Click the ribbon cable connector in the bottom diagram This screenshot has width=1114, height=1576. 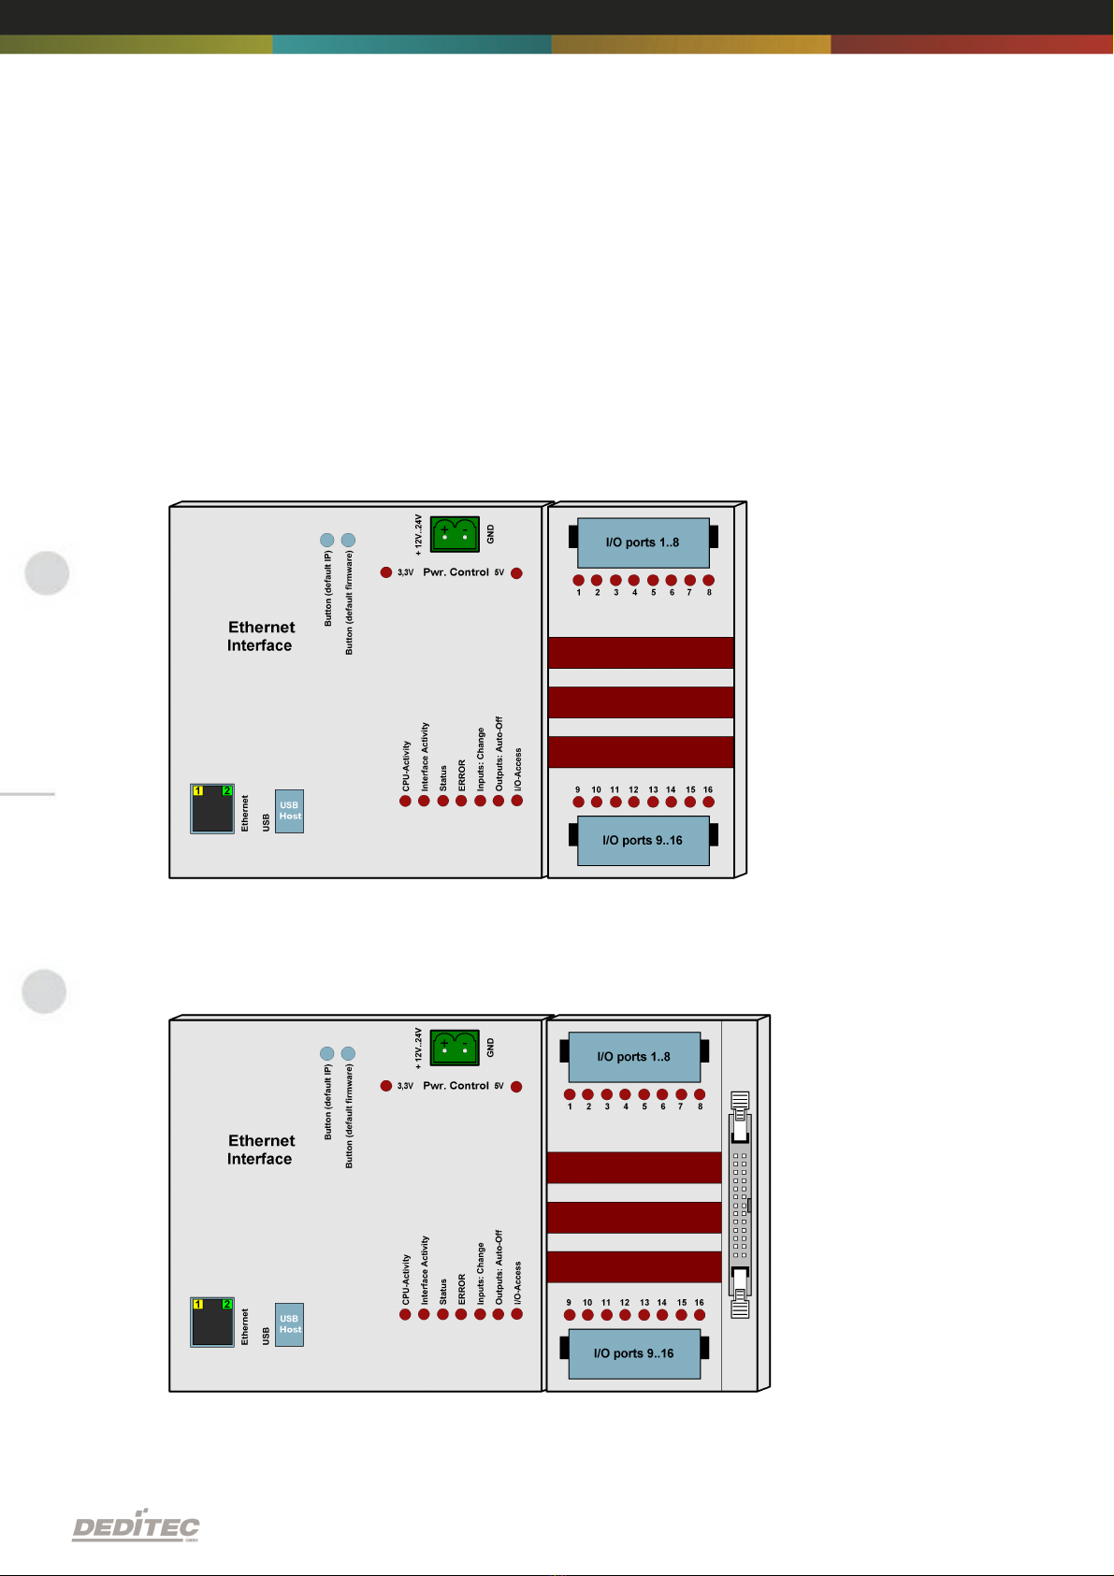pos(741,1205)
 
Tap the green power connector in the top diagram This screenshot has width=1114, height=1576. pos(455,534)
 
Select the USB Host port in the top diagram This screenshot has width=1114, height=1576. pos(289,811)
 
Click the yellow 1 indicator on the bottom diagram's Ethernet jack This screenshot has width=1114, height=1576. pos(197,1304)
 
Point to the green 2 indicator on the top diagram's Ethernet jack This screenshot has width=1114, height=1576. pos(226,790)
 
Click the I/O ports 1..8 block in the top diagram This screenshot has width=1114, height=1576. pos(643,542)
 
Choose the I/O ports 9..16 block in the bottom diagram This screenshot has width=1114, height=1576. pos(634,1353)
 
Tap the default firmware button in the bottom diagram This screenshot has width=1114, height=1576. pos(349,1053)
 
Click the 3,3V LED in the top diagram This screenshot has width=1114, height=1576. pos(386,572)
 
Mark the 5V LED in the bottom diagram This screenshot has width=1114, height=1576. pos(516,1086)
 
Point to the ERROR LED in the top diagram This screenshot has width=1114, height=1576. pos(461,801)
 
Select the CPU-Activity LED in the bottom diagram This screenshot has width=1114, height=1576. pos(405,1314)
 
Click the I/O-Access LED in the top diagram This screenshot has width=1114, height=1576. pos(517,801)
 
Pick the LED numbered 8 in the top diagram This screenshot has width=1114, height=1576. pos(709,580)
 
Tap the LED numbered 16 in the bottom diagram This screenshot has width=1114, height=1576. pos(700,1314)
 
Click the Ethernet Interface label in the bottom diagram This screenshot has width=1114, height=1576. pos(261,1149)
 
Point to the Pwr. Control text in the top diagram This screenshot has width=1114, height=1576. pos(456,572)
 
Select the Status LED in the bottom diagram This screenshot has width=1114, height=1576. pos(442,1314)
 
